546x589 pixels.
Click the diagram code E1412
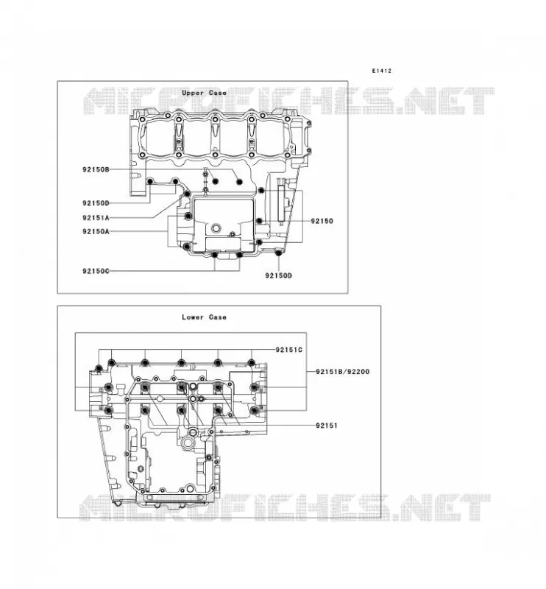[x=381, y=71]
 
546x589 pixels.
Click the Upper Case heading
[x=204, y=93]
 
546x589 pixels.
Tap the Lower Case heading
[x=204, y=317]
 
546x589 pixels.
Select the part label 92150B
[x=96, y=169]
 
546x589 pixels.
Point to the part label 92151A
[x=96, y=218]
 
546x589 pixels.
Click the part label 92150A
[x=96, y=231]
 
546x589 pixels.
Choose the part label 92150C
[x=96, y=271]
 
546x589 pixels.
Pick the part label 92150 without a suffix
[x=322, y=221]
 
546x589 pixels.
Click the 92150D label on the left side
[x=96, y=203]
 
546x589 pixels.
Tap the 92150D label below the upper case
[x=278, y=275]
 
